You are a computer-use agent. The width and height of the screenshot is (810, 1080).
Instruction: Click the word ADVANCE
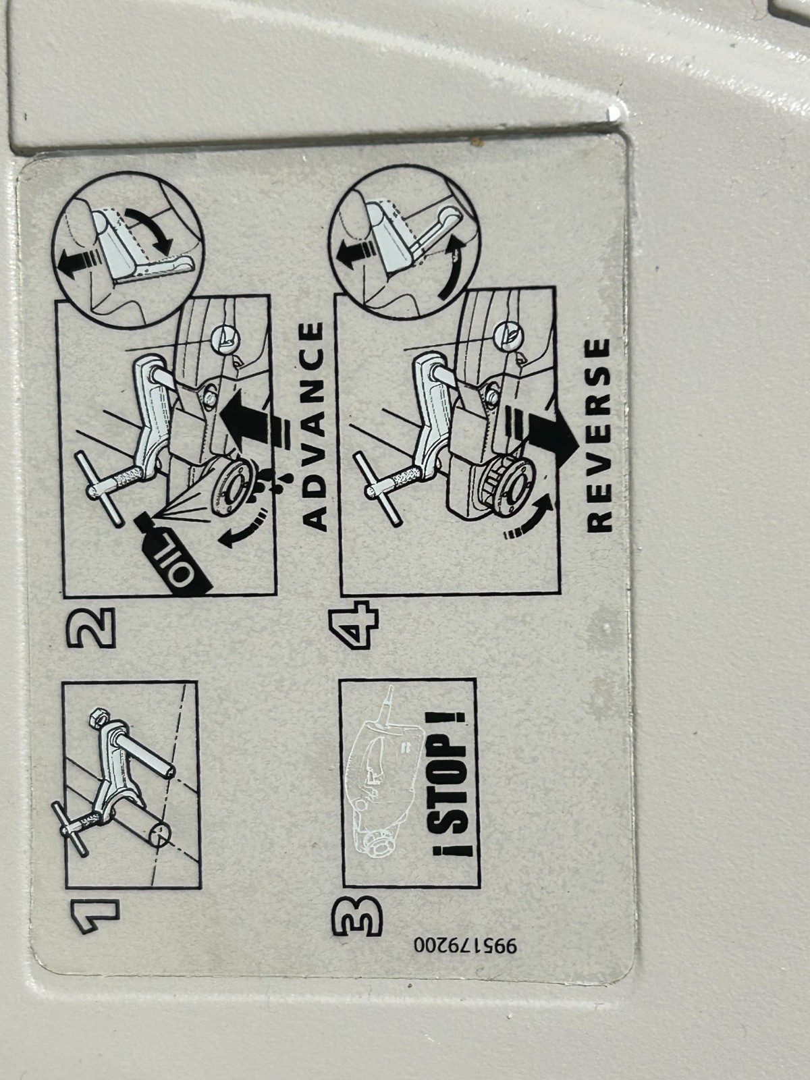(x=313, y=426)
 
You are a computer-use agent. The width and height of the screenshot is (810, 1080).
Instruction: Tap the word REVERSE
(x=599, y=435)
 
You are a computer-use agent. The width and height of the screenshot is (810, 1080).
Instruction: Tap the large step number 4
(x=354, y=626)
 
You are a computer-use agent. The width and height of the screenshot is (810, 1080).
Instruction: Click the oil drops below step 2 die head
(x=271, y=485)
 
